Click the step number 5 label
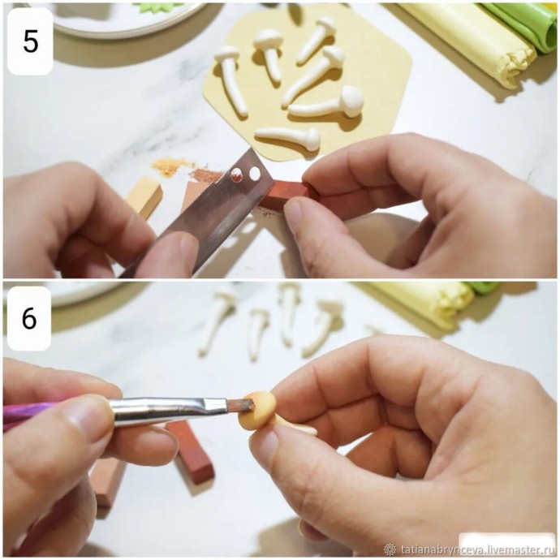(x=30, y=41)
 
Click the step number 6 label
(x=29, y=318)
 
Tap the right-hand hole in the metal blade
(x=255, y=174)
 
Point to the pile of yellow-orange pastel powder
(x=170, y=166)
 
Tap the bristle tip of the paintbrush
(x=243, y=407)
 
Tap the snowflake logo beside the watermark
(x=390, y=549)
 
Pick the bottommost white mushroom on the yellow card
(x=288, y=138)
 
